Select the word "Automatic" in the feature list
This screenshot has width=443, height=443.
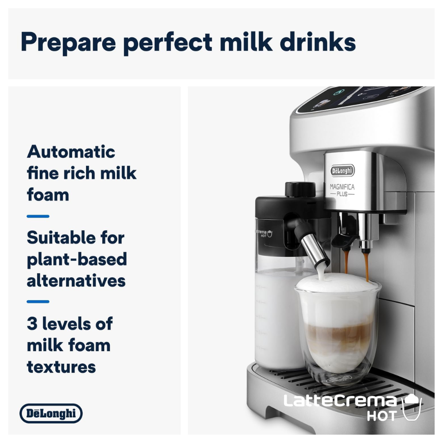pyautogui.click(x=71, y=152)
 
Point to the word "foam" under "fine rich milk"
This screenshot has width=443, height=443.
pyautogui.click(x=48, y=195)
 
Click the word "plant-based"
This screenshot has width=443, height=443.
pyautogui.click(x=77, y=260)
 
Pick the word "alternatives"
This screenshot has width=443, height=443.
pyautogui.click(x=76, y=281)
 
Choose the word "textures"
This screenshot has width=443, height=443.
pyautogui.click(x=61, y=367)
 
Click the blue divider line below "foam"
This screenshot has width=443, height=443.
pyautogui.click(x=38, y=217)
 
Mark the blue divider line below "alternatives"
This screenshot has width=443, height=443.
pyautogui.click(x=38, y=302)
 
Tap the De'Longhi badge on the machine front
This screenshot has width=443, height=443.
pyautogui.click(x=342, y=171)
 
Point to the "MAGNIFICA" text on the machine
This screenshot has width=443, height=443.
pyautogui.click(x=342, y=187)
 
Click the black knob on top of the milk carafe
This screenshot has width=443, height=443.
pyautogui.click(x=300, y=189)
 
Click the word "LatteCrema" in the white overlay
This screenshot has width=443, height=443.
pyautogui.click(x=340, y=401)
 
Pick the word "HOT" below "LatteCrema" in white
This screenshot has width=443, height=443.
pyautogui.click(x=382, y=416)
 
